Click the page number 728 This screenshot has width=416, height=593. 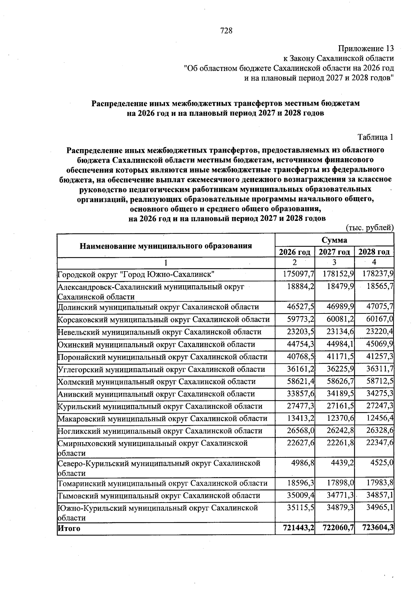(x=226, y=31)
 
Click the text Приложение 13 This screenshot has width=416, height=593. (x=366, y=48)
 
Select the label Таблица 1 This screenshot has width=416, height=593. (x=375, y=137)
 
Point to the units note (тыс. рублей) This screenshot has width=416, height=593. (x=370, y=228)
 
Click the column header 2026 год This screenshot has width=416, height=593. (x=295, y=252)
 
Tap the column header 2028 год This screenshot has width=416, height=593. (x=374, y=252)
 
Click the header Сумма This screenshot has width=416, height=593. (x=334, y=240)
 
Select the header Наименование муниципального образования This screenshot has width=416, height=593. (x=166, y=246)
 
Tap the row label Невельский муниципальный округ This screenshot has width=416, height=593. (x=159, y=332)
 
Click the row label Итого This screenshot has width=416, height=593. (x=69, y=528)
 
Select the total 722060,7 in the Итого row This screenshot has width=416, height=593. (x=335, y=528)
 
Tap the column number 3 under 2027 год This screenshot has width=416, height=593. (x=334, y=262)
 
